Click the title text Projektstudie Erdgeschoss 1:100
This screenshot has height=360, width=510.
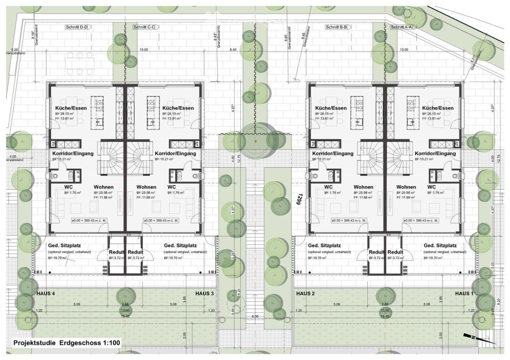pos(67,343)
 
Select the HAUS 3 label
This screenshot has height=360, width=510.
pos(205,294)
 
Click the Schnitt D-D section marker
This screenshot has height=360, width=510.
pos(76,27)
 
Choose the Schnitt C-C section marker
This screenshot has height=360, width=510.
pos(144,27)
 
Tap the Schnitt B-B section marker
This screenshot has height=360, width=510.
pos(337,27)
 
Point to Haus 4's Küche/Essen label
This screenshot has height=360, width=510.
pos(70,109)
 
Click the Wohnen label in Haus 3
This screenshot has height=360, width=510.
pos(146,187)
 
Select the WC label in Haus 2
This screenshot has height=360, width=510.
pos(328,187)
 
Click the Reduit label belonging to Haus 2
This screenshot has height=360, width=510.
pos(376,252)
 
